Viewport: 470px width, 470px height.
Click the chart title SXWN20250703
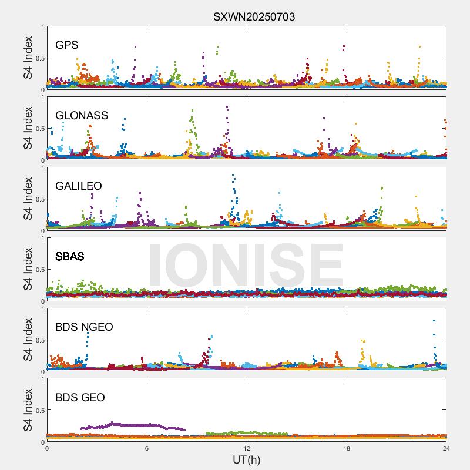tap(254, 17)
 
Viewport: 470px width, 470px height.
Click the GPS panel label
tap(67, 45)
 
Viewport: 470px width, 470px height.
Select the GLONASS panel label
tap(82, 116)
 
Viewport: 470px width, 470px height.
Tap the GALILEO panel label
tap(79, 186)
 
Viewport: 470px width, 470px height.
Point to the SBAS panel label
tap(69, 257)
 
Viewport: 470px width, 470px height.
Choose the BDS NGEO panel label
tap(84, 327)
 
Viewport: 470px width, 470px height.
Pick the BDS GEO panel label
tap(80, 398)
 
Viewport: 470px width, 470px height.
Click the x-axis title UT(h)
tap(247, 459)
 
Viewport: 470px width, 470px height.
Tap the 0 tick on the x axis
tap(47, 448)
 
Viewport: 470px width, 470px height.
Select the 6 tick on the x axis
tap(147, 448)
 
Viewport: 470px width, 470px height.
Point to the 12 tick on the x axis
tap(247, 448)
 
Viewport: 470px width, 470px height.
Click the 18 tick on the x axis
tap(347, 448)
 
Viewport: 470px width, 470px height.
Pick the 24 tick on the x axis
tap(446, 448)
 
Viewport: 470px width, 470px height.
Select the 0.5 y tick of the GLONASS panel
tap(38, 129)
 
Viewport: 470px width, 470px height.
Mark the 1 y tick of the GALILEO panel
tap(42, 167)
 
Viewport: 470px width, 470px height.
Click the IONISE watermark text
tap(246, 264)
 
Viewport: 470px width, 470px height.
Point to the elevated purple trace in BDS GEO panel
tap(135, 425)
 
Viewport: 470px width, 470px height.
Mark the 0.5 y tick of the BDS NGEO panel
tap(38, 340)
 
